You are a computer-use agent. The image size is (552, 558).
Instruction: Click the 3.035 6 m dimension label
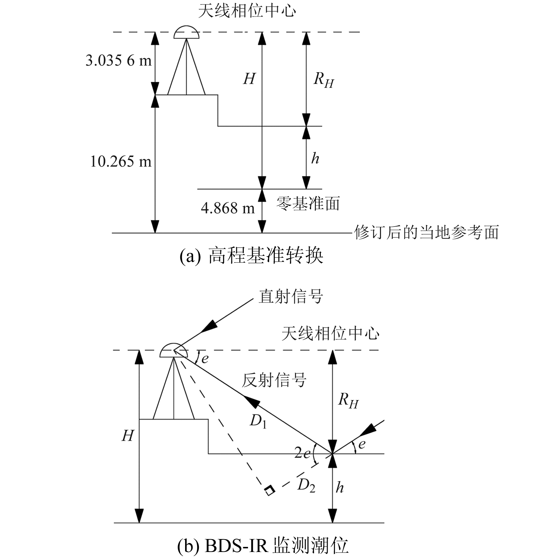coord(119,61)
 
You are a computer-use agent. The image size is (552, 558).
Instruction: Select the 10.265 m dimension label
coord(121,162)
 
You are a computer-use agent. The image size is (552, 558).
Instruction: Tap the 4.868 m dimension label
coord(228,208)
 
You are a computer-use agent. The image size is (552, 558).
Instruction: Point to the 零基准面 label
coord(308,204)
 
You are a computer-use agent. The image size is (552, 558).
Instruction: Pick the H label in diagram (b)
coord(128,436)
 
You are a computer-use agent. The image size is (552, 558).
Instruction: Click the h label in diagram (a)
coord(315,158)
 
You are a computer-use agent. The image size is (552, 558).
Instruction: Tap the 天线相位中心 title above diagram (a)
coord(247,11)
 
